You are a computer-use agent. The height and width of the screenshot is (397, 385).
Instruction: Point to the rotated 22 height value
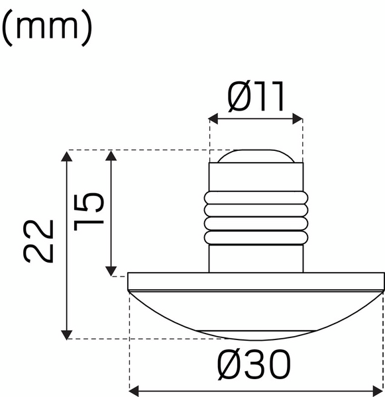click(38, 242)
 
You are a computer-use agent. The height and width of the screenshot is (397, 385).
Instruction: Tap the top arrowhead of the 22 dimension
click(67, 155)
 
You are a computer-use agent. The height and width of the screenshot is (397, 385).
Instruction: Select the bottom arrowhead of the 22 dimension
click(67, 334)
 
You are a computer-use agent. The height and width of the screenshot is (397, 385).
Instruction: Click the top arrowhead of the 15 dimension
click(111, 155)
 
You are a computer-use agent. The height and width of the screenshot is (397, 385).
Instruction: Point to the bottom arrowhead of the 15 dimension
click(111, 269)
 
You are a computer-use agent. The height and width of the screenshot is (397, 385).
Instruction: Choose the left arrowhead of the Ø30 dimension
click(132, 390)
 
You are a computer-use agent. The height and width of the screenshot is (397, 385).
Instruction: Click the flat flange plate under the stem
click(255, 282)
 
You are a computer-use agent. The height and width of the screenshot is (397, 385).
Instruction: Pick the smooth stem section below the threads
click(256, 258)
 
